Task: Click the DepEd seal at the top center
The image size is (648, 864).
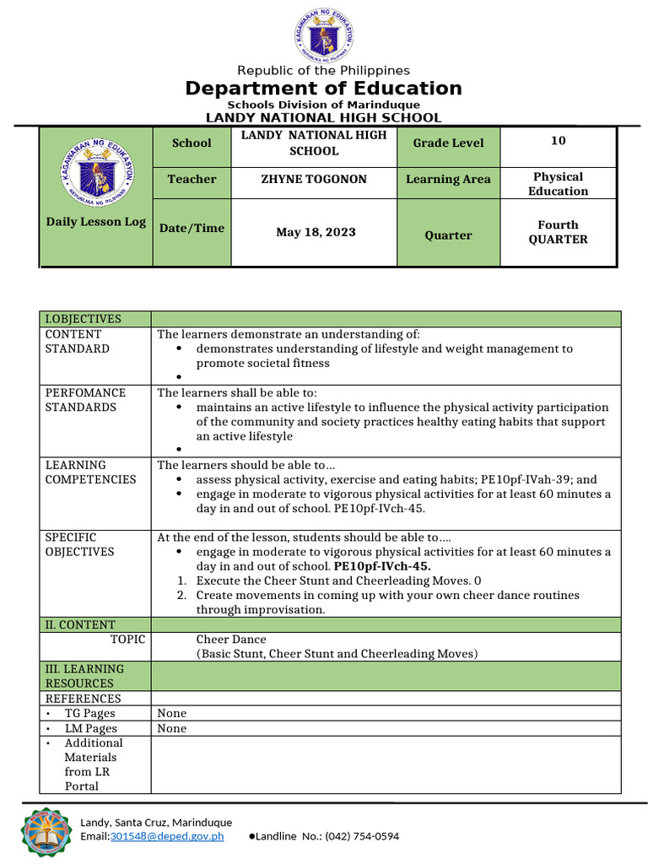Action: [x=324, y=36]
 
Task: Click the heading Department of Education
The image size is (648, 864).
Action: [x=324, y=89]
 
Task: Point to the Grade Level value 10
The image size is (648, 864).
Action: [x=558, y=141]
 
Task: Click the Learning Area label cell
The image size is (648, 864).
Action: [x=448, y=179]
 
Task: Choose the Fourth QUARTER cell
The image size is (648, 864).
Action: [x=558, y=232]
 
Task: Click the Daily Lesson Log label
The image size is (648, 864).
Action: [x=96, y=223]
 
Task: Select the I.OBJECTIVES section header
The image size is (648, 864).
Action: [x=84, y=319]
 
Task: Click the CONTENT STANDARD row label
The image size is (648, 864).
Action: [x=78, y=341]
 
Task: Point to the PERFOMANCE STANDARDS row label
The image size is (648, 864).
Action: [x=85, y=400]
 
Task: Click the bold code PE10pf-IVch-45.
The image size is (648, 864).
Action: [x=382, y=566]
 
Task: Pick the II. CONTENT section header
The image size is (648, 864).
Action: [x=80, y=624]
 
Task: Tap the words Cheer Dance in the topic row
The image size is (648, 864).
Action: [x=230, y=640]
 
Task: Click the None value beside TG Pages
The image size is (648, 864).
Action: [x=172, y=714]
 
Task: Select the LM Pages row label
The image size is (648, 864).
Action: [x=90, y=728]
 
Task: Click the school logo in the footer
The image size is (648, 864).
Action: [x=47, y=829]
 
